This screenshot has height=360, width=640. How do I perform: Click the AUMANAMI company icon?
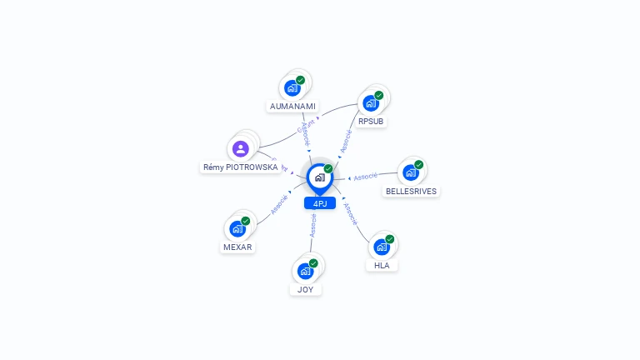point(292,87)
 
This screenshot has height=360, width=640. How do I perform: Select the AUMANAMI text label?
point(292,107)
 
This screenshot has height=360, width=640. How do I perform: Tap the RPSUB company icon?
point(370,103)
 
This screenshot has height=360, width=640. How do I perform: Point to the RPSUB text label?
point(371,122)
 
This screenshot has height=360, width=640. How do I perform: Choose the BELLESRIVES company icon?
point(410,172)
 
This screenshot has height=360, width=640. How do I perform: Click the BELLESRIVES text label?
point(411,191)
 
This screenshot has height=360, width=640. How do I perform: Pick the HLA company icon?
point(381,247)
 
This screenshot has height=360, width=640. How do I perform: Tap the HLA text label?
point(382,266)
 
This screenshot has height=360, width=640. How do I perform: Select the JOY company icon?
point(305,271)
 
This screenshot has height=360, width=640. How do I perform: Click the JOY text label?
point(305,290)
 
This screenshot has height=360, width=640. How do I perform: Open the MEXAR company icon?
point(237,228)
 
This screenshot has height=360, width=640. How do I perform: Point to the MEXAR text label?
point(237,247)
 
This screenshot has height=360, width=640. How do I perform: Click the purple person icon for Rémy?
point(241,149)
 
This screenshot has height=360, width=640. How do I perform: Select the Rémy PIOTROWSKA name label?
point(241,167)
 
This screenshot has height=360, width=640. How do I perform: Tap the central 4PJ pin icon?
point(319,177)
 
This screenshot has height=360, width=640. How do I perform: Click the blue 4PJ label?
point(320,203)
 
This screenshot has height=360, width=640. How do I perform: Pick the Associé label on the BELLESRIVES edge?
point(366,177)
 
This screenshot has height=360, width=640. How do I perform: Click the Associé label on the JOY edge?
point(313,226)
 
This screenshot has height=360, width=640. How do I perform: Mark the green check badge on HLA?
point(389,239)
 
